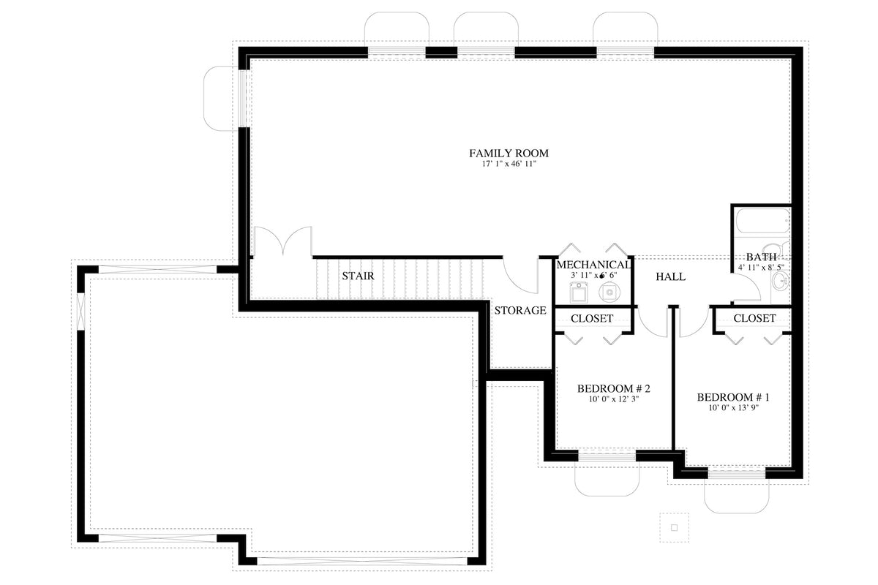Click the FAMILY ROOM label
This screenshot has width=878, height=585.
509,154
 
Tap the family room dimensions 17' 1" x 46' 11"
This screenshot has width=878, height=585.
509,165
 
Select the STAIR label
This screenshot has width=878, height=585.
358,276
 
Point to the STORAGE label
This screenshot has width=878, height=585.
519,311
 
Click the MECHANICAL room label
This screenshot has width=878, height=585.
593,265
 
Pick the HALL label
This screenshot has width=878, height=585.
670,277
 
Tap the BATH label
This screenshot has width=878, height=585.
761,257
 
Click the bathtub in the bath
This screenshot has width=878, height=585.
762,220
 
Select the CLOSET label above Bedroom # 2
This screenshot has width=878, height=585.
592,319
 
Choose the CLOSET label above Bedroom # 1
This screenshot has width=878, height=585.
754,319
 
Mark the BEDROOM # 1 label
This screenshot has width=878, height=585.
733,397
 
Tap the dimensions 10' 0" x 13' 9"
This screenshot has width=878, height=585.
733,408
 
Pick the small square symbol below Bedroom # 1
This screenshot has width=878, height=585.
675,526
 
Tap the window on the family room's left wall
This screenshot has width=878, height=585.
246,98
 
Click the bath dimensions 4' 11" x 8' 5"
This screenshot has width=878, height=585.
761,268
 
